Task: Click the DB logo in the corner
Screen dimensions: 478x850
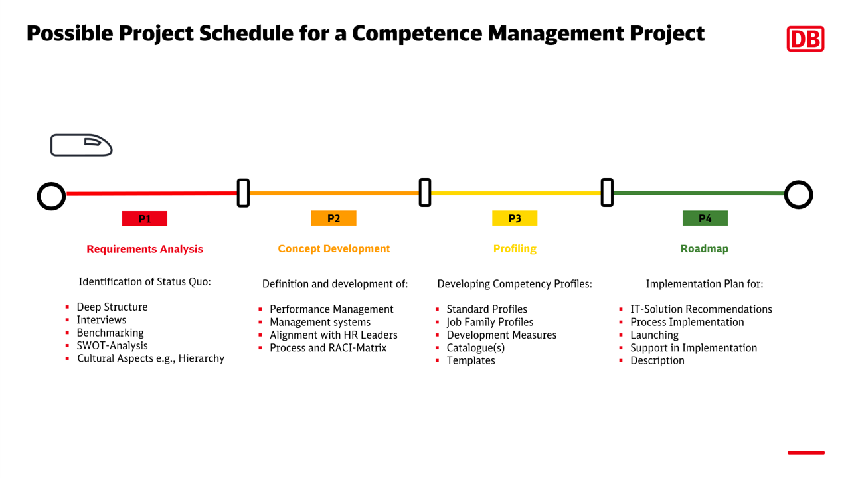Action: pos(805,39)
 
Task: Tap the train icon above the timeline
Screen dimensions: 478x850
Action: pos(81,145)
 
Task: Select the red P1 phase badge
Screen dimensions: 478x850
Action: pos(145,218)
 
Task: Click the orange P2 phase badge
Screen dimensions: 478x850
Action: pos(333,218)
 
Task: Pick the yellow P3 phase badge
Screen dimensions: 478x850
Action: pos(515,218)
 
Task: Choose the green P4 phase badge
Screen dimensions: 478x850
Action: pos(705,218)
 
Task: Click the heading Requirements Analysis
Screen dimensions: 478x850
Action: pos(145,249)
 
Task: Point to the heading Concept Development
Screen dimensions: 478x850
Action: pos(333,249)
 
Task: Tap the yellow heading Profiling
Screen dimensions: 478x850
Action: pos(515,249)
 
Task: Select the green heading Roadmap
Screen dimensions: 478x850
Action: pos(704,249)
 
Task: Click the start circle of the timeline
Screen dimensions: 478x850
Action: pos(51,195)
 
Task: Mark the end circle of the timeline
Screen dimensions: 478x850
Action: pos(798,195)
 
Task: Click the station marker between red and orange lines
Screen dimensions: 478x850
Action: pos(243,193)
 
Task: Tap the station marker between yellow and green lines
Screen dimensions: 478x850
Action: pos(607,193)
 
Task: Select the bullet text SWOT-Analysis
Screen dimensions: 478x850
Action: pos(112,345)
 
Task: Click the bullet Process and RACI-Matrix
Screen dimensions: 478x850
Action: pos(327,348)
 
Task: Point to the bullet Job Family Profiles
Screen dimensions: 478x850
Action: pos(489,322)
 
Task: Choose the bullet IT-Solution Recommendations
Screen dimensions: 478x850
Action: pos(701,309)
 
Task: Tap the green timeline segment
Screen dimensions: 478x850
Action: pos(697,193)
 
